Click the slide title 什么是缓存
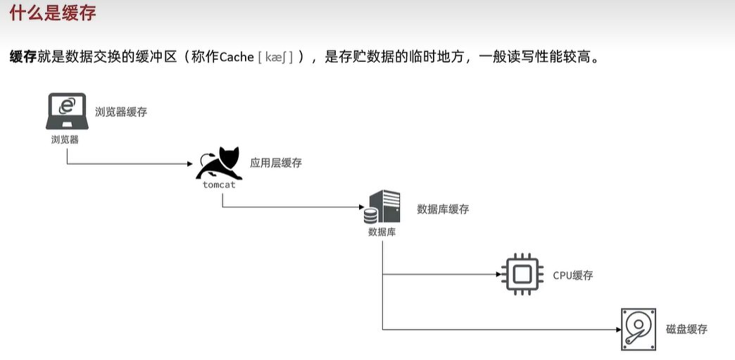52,13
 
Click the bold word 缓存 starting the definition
23,57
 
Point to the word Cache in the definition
237,57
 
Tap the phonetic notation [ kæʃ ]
275,57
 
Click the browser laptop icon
67,111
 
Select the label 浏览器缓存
121,111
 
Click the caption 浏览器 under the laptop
65,139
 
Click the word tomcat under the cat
219,185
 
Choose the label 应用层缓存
276,163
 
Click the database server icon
382,207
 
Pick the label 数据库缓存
443,209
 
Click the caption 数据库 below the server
382,232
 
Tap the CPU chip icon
522,274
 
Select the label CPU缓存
572,275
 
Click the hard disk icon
639,329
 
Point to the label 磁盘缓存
686,329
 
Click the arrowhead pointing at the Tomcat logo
190,163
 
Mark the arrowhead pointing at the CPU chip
497,274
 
